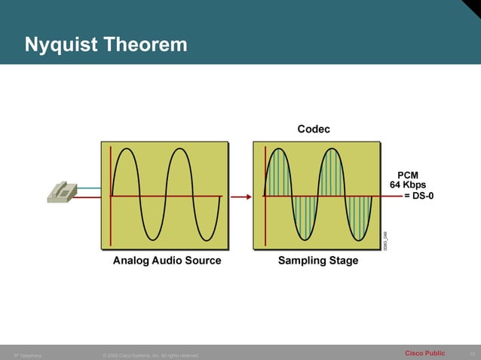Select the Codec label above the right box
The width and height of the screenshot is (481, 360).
pos(313,130)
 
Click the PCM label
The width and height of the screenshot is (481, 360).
pos(408,175)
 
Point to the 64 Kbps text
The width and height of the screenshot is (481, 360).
pos(407,185)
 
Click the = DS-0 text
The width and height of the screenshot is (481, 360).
pos(419,196)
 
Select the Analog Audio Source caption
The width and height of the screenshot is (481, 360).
pos(167,261)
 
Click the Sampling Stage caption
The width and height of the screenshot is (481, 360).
pos(318,261)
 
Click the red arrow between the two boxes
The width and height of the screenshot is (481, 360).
pos(240,197)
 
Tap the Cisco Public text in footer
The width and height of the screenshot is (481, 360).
pos(424,353)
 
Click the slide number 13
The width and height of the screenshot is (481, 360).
pos(472,354)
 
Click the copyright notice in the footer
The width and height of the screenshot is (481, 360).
pos(150,355)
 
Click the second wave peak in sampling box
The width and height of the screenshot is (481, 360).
pos(331,151)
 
